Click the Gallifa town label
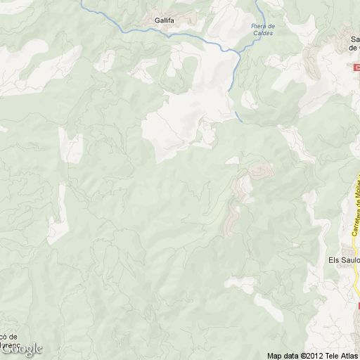click(165, 21)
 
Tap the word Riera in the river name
click(260, 26)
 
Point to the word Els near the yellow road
click(335, 259)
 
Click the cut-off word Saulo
click(351, 259)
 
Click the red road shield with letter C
click(356, 67)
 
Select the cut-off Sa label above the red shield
click(354, 39)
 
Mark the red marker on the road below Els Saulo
click(358, 307)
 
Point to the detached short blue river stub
click(238, 116)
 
